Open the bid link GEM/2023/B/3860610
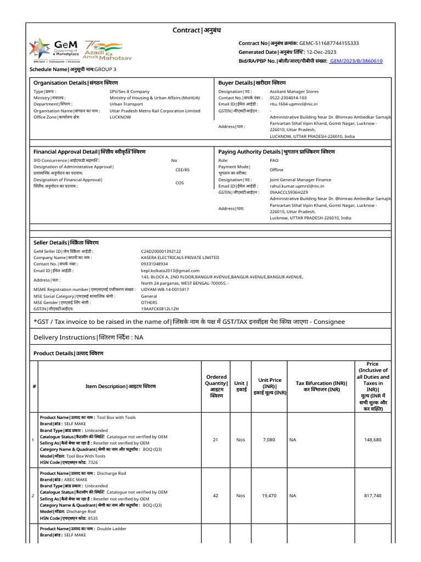356,61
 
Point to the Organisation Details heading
76,82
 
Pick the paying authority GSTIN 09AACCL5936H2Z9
288,192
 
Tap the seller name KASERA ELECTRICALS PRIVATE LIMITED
180,257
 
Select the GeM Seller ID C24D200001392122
161,251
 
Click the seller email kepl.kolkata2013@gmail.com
170,271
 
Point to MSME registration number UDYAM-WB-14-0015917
164,289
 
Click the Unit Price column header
270,386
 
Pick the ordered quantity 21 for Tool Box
215,440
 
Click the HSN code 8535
93,518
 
